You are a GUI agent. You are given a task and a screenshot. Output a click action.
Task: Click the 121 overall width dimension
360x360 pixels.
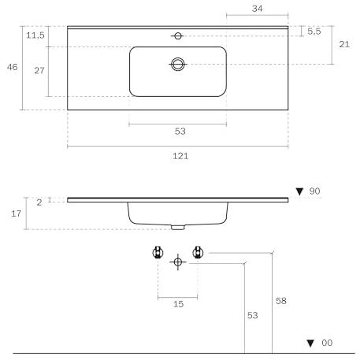180,156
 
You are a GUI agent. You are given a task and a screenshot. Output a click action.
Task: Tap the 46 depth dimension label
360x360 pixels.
13,67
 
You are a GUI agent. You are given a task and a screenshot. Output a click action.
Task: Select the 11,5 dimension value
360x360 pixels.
35,35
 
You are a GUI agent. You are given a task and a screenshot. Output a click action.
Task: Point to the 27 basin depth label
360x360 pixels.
39,70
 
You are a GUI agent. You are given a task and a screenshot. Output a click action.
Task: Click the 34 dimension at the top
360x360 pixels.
257,9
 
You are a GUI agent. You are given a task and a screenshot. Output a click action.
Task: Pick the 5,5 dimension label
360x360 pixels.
314,32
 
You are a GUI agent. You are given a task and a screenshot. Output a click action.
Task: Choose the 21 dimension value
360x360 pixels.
344,44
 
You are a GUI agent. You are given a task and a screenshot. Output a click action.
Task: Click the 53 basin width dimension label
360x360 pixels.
180,131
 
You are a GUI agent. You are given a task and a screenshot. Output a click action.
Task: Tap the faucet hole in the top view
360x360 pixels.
178,35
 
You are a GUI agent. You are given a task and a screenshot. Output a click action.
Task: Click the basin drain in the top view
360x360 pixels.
178,64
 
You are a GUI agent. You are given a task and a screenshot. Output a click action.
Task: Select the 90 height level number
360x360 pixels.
314,191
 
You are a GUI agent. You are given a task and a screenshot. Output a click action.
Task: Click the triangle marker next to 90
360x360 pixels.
299,191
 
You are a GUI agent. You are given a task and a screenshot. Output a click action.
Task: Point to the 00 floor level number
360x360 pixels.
327,343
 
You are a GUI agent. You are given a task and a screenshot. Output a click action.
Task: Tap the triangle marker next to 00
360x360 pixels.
310,343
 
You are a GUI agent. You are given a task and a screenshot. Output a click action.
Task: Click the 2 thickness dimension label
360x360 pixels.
39,202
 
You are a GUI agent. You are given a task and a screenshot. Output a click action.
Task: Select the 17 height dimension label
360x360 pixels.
16,213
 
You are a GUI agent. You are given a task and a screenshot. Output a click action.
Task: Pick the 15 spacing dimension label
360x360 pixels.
178,304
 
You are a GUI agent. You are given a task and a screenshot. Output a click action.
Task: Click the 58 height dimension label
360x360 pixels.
281,301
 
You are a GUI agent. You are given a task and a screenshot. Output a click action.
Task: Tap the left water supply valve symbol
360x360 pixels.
158,252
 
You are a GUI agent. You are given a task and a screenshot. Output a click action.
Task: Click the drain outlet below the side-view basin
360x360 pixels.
178,227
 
